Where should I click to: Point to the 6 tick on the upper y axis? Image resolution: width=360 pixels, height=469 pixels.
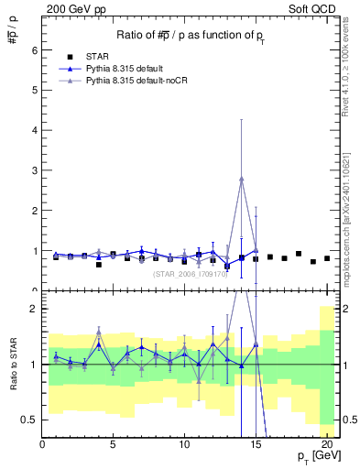point(36,49)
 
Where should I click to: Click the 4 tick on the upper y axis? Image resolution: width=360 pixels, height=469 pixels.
point(36,130)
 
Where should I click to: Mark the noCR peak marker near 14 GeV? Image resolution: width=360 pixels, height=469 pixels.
point(242,179)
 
